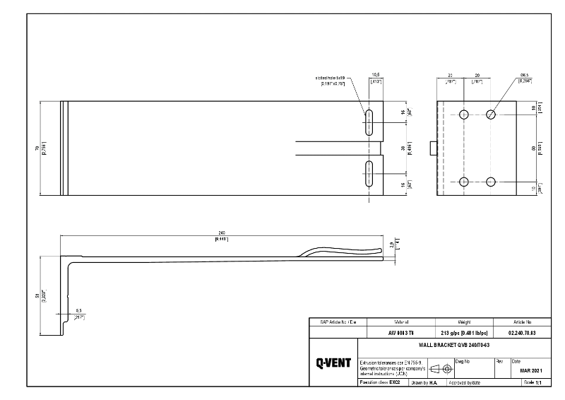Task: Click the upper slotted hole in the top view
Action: click(368, 122)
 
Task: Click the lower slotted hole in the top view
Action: click(368, 174)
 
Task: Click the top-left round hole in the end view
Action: click(464, 114)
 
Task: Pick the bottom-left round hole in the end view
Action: click(464, 182)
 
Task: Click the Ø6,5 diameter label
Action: click(524, 74)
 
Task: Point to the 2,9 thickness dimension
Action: click(393, 245)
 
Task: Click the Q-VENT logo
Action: click(333, 363)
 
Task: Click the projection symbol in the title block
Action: click(441, 369)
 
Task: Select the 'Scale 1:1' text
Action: click(531, 382)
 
